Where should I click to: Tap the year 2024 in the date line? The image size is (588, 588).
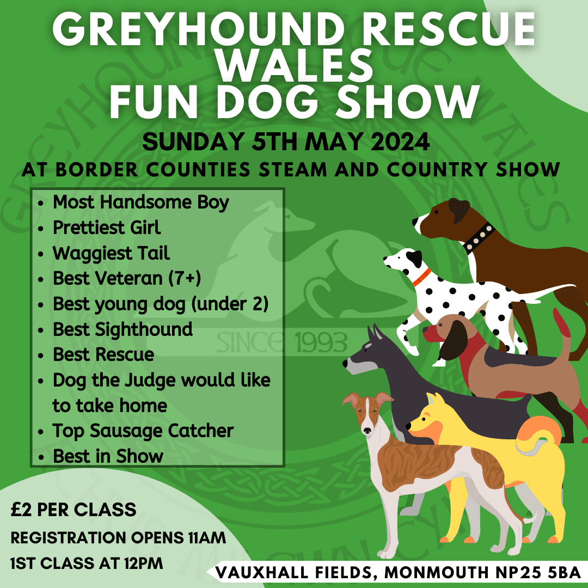(x=400, y=142)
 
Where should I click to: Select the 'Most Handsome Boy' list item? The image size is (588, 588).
(x=140, y=203)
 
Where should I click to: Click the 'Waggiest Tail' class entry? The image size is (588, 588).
(x=111, y=253)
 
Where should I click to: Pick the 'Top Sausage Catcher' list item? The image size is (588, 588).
(x=143, y=431)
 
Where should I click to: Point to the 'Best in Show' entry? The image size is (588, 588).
(x=108, y=456)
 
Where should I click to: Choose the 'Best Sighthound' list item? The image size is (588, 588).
(x=122, y=329)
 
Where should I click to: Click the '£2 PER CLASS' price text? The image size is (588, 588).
(x=73, y=510)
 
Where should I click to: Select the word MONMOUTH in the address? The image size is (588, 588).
(x=437, y=573)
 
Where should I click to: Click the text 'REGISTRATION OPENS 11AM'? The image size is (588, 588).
(x=118, y=538)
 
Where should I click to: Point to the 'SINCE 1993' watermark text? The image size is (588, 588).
(x=282, y=342)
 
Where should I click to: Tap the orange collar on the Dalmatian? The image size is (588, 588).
(x=422, y=277)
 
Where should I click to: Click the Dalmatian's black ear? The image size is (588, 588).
(x=414, y=259)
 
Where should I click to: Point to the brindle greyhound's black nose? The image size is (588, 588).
(x=367, y=431)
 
